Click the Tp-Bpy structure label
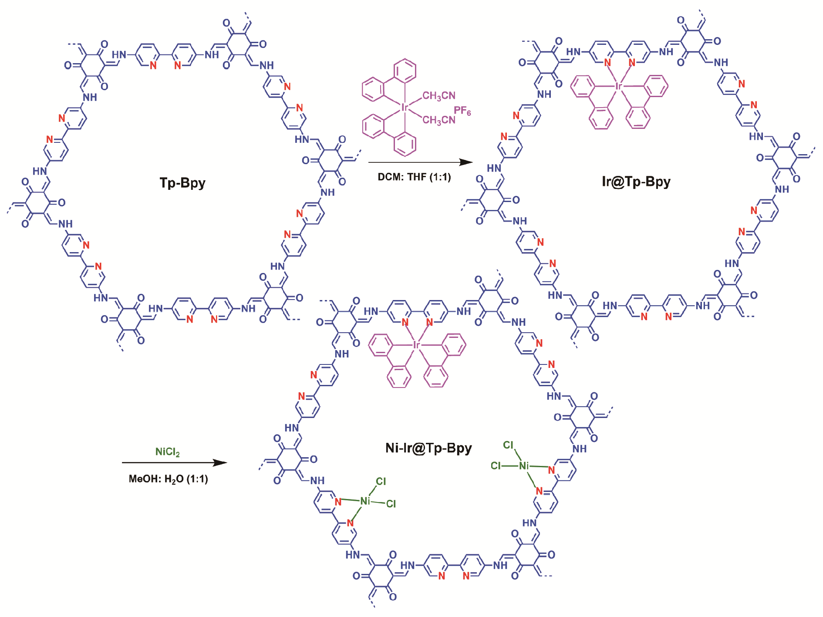coord(182,183)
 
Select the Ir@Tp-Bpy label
coord(636,181)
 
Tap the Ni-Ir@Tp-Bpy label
coord(429,448)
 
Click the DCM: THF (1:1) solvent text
coord(414,177)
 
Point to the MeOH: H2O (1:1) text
coord(169,479)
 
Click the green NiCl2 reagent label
coord(168,452)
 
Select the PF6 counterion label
coord(462,111)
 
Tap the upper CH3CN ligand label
coord(439,96)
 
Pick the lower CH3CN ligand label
coord(439,120)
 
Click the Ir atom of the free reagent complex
coord(405,107)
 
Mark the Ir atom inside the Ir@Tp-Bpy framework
coord(618,86)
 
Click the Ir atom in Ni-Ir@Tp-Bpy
coord(416,345)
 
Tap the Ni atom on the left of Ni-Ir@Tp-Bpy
coord(365,501)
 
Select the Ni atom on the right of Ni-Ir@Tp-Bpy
coord(524,466)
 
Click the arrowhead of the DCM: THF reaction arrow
coord(468,162)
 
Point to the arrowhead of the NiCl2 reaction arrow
coord(221,462)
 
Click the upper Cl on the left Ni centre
coord(381,481)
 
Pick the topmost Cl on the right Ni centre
coord(508,445)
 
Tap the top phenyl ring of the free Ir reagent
coord(405,71)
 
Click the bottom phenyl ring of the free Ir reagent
coord(405,144)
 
